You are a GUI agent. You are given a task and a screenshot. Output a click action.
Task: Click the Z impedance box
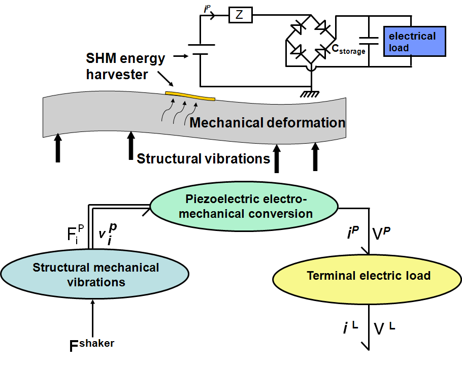tap(240, 16)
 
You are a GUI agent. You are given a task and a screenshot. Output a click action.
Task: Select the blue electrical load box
tap(414, 42)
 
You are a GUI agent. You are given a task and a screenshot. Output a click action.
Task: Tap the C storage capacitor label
tap(349, 49)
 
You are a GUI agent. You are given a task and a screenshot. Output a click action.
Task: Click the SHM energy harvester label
tap(125, 66)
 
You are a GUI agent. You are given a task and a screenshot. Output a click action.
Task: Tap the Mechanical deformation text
tap(267, 122)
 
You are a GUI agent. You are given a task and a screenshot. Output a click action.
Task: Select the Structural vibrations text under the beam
tap(203, 158)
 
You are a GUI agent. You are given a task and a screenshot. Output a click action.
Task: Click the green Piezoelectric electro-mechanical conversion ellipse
tap(244, 207)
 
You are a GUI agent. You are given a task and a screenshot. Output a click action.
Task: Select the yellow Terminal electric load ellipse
tap(369, 276)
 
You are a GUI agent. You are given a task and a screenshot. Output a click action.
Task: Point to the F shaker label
tap(91, 346)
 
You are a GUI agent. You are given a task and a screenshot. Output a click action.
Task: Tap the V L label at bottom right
tap(384, 328)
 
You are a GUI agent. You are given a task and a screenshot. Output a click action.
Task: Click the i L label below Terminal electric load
tap(350, 327)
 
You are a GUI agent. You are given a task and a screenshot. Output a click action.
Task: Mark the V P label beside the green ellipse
tap(384, 233)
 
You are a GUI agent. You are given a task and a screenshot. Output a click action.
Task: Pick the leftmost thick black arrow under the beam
tap(58, 147)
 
